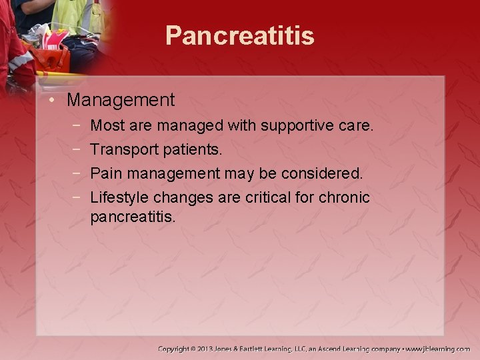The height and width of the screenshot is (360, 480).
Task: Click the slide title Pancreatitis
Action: tap(239, 36)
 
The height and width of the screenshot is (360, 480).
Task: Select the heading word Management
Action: tap(121, 101)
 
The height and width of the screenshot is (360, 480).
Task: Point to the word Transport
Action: tap(121, 149)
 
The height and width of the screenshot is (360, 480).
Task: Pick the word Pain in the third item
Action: tap(104, 173)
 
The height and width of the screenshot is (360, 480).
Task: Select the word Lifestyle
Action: tap(119, 198)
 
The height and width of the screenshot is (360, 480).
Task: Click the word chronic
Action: tap(343, 198)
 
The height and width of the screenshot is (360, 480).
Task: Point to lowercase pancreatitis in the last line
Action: tap(133, 217)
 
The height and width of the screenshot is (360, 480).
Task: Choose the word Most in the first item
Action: tap(106, 125)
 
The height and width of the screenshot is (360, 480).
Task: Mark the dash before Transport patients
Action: tap(78, 149)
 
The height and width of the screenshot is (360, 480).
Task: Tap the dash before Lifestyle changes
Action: tap(78, 198)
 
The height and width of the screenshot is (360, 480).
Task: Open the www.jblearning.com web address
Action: tap(437, 349)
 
